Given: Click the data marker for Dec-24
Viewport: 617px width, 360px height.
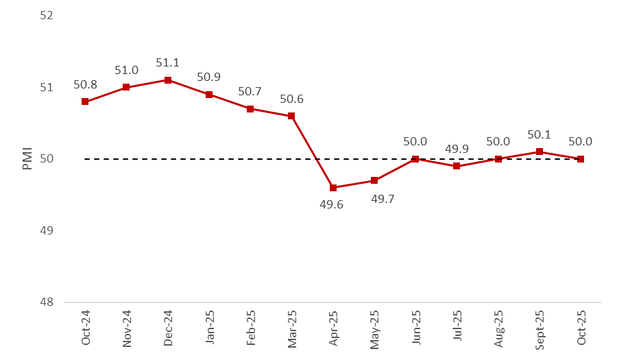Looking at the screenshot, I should point(168,80).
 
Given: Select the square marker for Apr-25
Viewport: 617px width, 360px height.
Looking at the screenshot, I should point(333,188).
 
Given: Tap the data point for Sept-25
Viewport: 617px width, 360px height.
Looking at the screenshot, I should point(540,152).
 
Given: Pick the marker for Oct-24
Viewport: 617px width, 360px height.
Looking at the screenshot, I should point(85,101).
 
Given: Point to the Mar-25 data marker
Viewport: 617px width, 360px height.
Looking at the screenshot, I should point(291,116).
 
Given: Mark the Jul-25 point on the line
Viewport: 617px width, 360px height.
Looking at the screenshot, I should point(457,166).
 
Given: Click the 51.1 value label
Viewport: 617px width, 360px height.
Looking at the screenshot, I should point(168,63).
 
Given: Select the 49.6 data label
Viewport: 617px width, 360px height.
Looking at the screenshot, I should point(333,205).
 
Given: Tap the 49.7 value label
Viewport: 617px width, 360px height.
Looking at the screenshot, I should point(374,198).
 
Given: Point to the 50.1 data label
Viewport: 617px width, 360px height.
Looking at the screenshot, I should point(540,134).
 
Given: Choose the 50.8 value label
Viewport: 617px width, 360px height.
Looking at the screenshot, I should point(85,84).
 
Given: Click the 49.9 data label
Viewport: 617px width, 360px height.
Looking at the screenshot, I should point(457,149).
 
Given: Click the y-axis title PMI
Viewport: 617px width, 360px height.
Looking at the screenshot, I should point(27,158).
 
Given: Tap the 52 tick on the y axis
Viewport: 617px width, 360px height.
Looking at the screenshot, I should point(47,16).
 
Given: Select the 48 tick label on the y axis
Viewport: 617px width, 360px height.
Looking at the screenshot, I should point(47,302).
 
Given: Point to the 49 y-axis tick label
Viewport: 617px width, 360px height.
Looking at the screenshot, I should point(47,230).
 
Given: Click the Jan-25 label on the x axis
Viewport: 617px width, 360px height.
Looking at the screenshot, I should point(210,328).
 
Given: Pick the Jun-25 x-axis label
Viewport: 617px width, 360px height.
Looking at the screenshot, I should point(416,328).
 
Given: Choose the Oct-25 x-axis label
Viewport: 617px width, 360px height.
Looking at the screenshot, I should point(581,328).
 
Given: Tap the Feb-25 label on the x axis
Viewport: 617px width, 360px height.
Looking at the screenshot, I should point(251,328).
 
